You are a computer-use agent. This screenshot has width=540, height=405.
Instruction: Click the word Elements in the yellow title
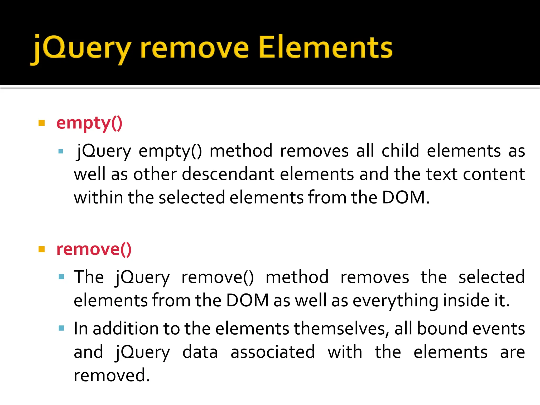(x=325, y=47)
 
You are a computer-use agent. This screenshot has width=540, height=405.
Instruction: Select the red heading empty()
(x=89, y=123)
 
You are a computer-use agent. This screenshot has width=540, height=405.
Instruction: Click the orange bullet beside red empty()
(x=42, y=123)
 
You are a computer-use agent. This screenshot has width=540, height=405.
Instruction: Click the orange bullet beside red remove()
(x=42, y=249)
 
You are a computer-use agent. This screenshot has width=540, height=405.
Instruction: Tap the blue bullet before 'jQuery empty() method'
(x=61, y=151)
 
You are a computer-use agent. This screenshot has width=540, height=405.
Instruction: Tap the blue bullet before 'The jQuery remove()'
(x=61, y=277)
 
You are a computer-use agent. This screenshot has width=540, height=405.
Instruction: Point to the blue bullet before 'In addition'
(x=61, y=328)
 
